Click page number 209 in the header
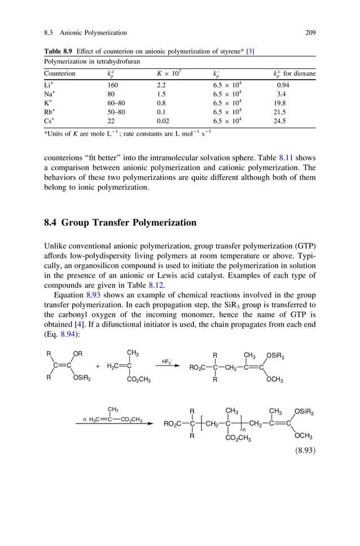310,33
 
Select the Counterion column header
60,73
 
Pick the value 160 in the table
113,85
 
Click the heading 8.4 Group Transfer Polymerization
120,222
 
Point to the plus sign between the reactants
98,366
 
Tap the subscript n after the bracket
243,430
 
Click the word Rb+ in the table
49,112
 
